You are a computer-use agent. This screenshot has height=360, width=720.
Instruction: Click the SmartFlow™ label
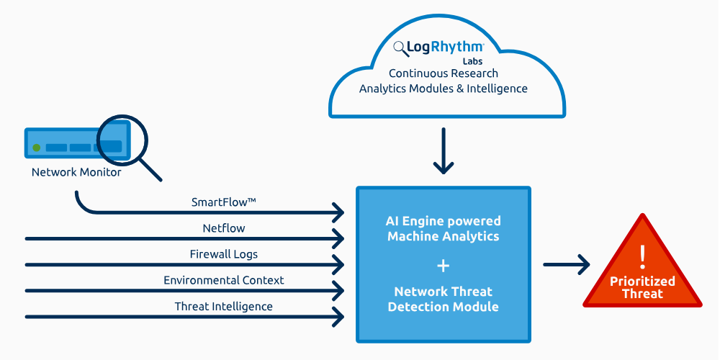tap(224, 202)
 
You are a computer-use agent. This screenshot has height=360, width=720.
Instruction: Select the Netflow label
tap(224, 228)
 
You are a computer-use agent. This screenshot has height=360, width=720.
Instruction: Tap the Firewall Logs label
tap(224, 254)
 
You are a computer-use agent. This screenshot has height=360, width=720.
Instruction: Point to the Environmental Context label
tap(224, 280)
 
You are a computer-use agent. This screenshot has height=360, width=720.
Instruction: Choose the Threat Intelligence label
tap(224, 306)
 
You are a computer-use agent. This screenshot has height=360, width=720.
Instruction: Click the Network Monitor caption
tap(76, 173)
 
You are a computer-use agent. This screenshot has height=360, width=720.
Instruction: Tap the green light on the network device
tap(37, 148)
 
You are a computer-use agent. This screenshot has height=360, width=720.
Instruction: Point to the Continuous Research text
tap(444, 73)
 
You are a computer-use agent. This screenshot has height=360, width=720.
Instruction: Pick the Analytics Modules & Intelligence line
tap(444, 89)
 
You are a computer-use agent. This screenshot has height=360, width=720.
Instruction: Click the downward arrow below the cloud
tap(444, 152)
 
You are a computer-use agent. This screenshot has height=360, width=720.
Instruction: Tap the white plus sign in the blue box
tap(444, 266)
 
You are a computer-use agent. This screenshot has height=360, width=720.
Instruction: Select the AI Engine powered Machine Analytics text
tap(444, 228)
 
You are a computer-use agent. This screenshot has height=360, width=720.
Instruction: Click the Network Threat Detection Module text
tap(444, 299)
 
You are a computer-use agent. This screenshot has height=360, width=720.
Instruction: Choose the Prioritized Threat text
tap(643, 287)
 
